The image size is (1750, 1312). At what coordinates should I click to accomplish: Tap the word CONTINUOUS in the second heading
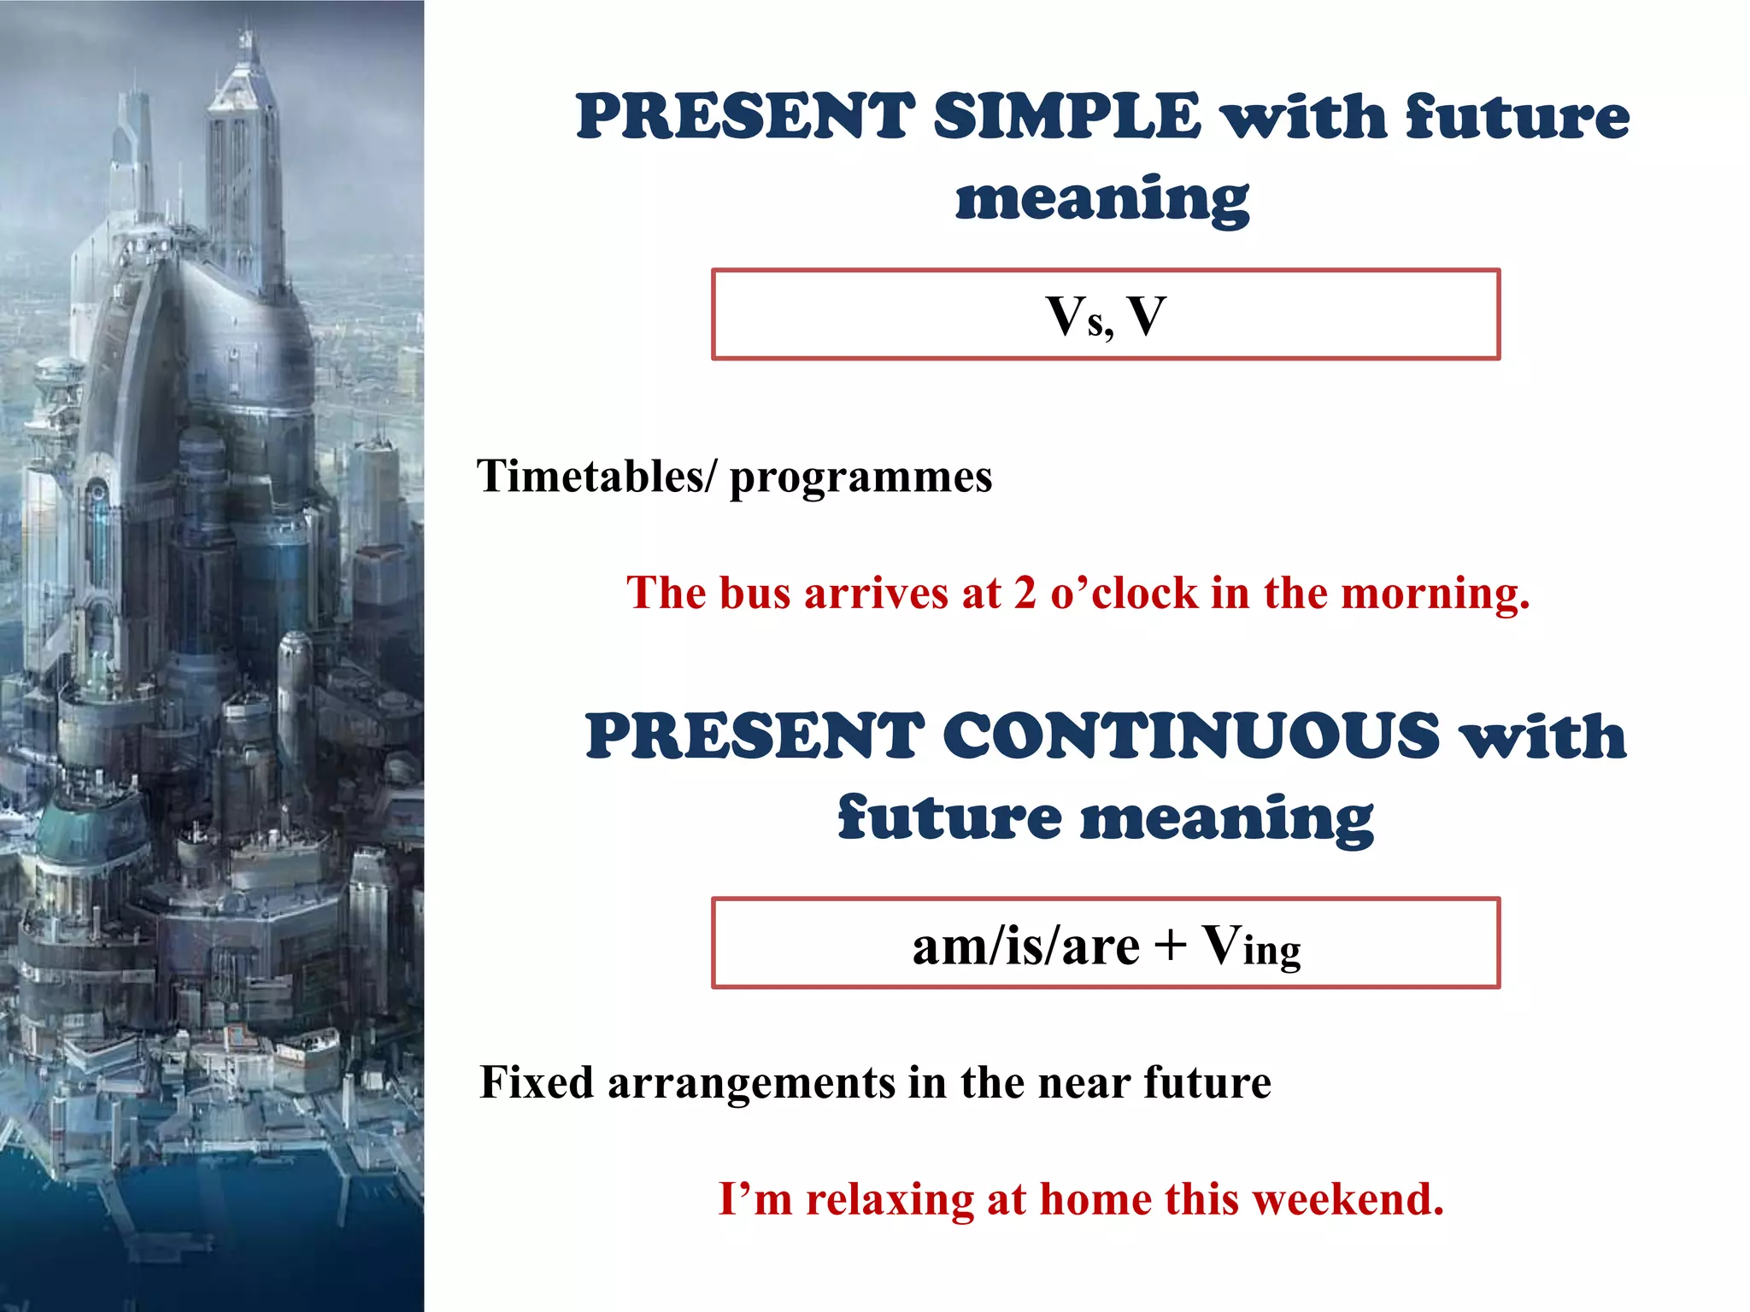pyautogui.click(x=1192, y=736)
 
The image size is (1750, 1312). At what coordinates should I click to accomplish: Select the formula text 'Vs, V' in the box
pyautogui.click(x=1106, y=317)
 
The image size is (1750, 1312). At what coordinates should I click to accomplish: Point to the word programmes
pyautogui.click(x=860, y=477)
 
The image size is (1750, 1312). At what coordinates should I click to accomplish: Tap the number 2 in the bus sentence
pyautogui.click(x=1025, y=593)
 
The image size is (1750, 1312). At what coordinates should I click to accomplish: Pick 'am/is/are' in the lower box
pyautogui.click(x=1025, y=946)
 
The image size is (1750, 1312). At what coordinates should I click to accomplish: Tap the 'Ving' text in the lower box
pyautogui.click(x=1251, y=946)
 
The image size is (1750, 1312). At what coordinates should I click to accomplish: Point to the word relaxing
pyautogui.click(x=890, y=1199)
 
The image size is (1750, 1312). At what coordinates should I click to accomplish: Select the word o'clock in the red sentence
pyautogui.click(x=1124, y=593)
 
